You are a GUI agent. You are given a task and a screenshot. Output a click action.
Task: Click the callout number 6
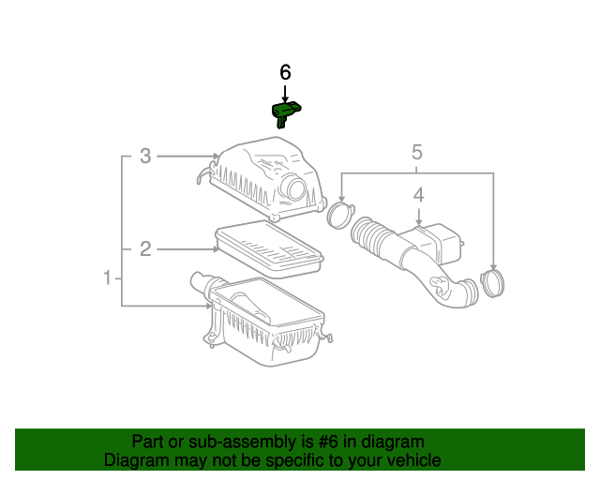pos(286,72)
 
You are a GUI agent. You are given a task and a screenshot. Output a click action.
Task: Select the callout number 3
pos(145,156)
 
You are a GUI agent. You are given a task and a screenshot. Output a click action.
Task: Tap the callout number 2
pos(145,248)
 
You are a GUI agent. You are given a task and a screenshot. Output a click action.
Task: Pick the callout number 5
pos(417,151)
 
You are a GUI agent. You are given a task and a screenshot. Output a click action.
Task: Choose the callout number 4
pos(419,195)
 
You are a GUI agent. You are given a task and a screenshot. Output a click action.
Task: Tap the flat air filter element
pos(268,248)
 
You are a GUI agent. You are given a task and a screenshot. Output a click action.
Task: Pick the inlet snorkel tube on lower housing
pos(202,281)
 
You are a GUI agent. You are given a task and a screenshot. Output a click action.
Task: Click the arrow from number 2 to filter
pos(187,248)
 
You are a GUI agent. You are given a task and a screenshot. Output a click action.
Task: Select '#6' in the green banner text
pos(324,442)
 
